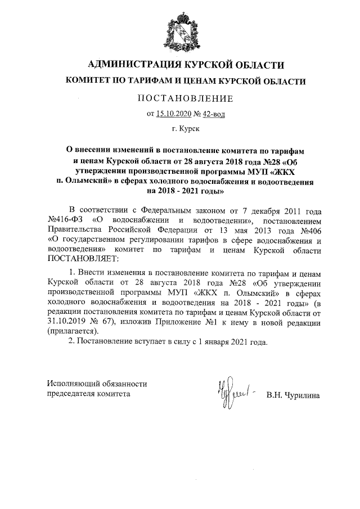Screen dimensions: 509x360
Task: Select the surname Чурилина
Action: [301, 395]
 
